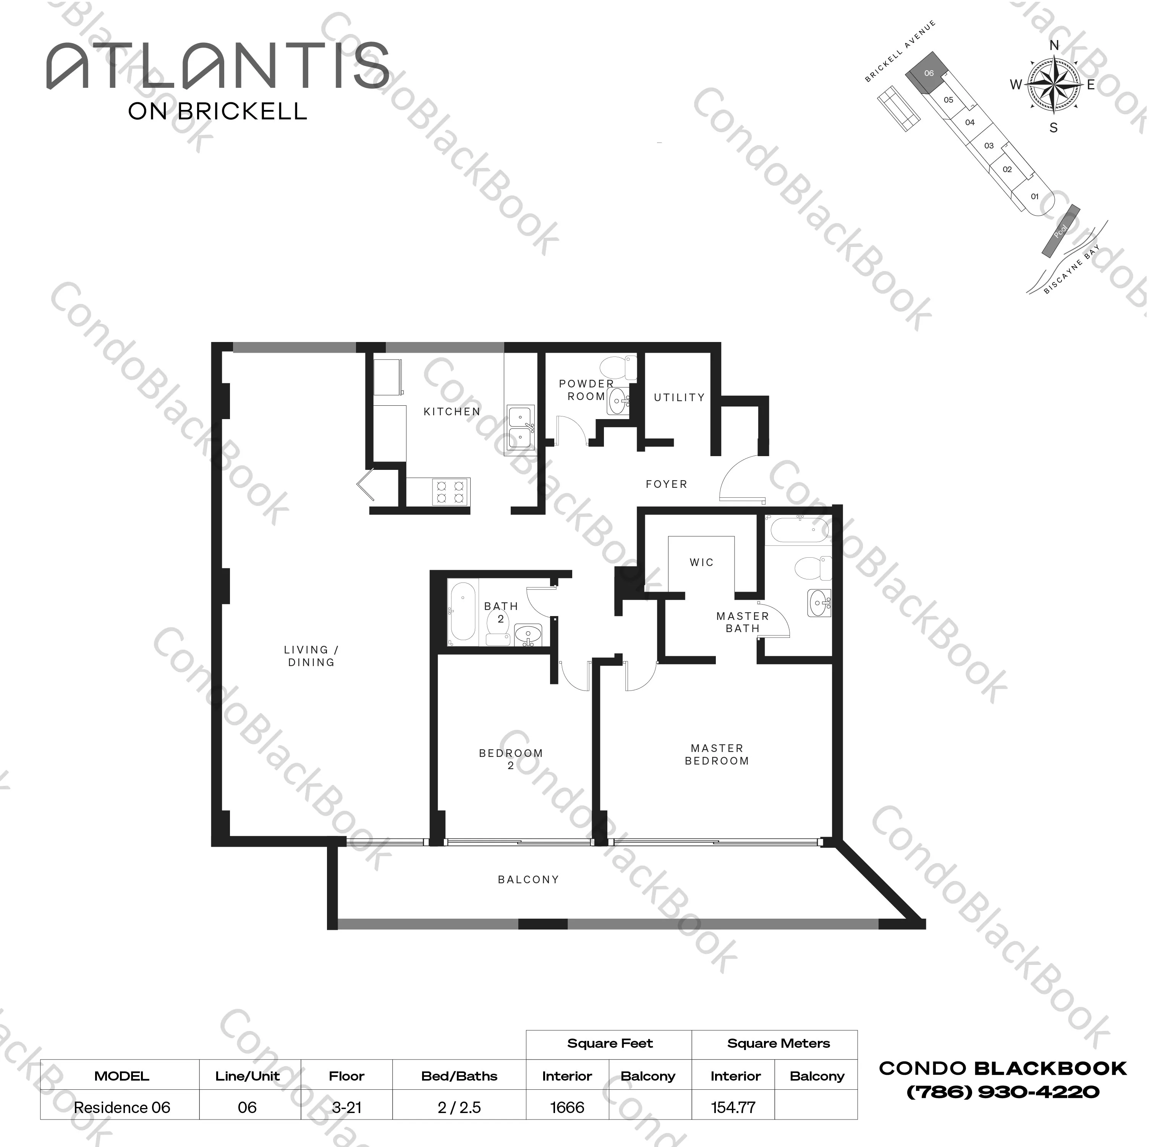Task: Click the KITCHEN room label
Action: pyautogui.click(x=452, y=411)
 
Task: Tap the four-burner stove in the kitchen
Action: pyautogui.click(x=450, y=492)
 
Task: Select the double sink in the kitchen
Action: pyautogui.click(x=520, y=427)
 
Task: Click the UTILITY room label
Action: pyautogui.click(x=679, y=397)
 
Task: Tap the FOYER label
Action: pyautogui.click(x=666, y=484)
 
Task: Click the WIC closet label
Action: pyautogui.click(x=701, y=562)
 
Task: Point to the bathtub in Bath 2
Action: pyautogui.click(x=462, y=614)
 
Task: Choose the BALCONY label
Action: pyautogui.click(x=528, y=879)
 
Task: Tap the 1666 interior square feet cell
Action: pyautogui.click(x=567, y=1107)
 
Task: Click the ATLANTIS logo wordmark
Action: pyautogui.click(x=218, y=66)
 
